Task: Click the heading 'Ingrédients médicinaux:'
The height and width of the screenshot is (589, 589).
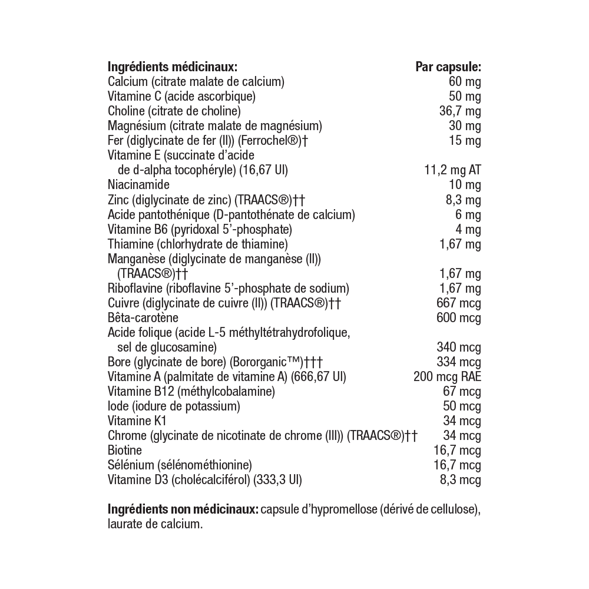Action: coord(172,67)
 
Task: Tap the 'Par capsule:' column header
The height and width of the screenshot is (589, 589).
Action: coord(448,67)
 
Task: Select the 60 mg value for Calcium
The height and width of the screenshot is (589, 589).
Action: coord(465,81)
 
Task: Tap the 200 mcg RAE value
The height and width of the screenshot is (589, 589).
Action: coord(448,377)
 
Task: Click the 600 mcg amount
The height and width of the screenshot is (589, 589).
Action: coord(459,318)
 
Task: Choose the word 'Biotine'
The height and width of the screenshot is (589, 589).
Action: coord(125,451)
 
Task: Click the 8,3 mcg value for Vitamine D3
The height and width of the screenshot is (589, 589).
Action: coord(461,480)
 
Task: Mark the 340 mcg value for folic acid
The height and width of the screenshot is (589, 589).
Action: coord(459,348)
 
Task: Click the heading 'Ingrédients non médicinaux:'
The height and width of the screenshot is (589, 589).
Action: coord(183,509)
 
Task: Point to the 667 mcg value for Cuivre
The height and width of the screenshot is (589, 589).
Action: coord(459,303)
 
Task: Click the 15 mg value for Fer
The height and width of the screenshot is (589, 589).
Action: coord(465,141)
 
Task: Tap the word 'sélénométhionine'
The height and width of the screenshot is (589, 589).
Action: coord(204,465)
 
